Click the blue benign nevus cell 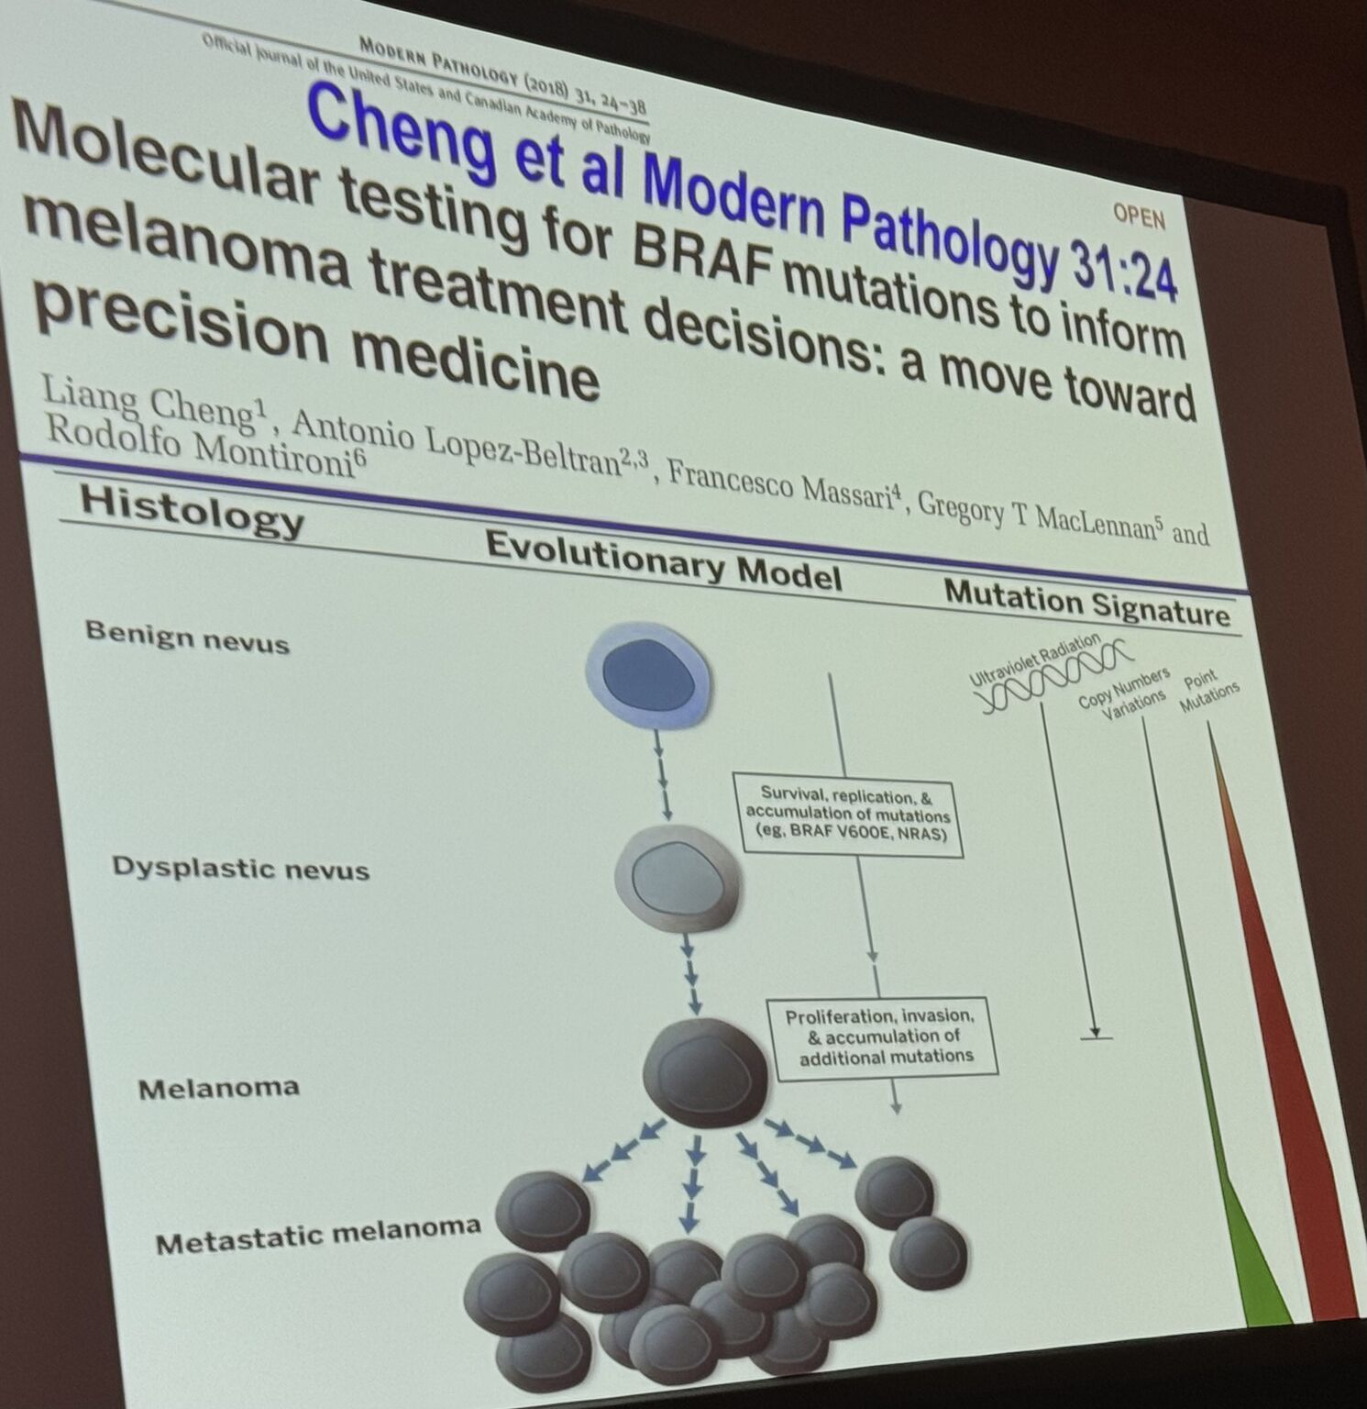(x=650, y=676)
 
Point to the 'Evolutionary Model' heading (x=663, y=560)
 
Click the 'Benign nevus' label (x=187, y=636)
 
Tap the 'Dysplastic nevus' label (x=240, y=868)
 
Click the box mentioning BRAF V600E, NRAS (x=849, y=815)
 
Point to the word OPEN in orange (x=1139, y=216)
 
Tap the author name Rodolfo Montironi (x=201, y=449)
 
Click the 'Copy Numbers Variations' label (x=1125, y=694)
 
